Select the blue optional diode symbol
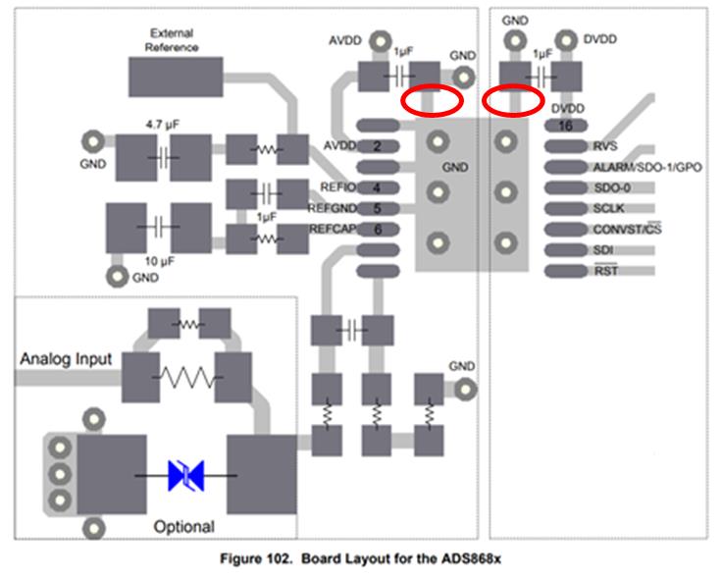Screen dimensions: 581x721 (x=185, y=476)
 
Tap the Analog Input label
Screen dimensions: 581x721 (x=66, y=359)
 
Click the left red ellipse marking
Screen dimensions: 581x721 (x=433, y=100)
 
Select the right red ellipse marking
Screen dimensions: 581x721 (x=513, y=100)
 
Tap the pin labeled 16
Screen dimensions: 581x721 (x=565, y=126)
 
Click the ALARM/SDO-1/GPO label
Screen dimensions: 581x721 (x=647, y=167)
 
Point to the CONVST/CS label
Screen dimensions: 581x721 (x=628, y=229)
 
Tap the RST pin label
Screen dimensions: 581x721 (x=605, y=271)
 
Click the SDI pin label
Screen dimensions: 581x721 (x=603, y=250)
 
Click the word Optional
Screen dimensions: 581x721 (x=184, y=527)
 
